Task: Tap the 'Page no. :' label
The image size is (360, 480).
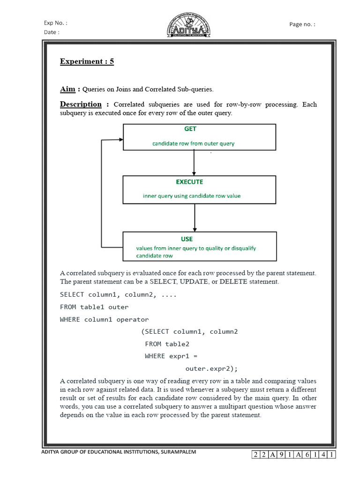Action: (302, 24)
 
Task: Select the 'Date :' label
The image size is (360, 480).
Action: (52, 32)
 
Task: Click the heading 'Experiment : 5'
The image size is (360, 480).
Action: (87, 61)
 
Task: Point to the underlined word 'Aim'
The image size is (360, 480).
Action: (67, 89)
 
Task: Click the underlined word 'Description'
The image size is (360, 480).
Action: (81, 104)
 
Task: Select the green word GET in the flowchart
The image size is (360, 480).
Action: (190, 129)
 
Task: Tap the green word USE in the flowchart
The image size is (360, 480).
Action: (187, 239)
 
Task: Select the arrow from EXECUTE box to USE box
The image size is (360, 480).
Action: (194, 218)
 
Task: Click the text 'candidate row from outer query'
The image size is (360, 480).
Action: (193, 143)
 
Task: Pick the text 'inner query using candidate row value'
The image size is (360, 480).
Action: (192, 196)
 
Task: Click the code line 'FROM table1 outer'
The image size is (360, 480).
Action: (94, 307)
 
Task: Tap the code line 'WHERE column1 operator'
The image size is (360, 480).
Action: (104, 319)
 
